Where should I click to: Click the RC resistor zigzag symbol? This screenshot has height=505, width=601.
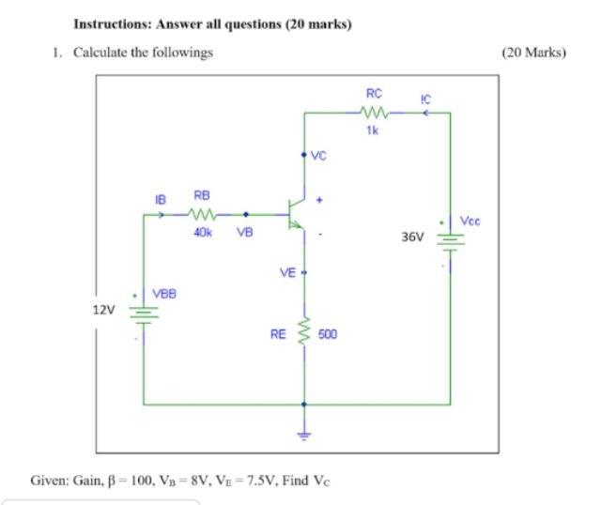[373, 113]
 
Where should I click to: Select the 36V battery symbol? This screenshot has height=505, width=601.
[449, 238]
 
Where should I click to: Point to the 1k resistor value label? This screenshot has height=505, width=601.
[373, 130]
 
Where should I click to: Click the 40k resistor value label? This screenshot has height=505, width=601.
[202, 231]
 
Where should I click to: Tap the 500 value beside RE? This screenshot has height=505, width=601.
[328, 333]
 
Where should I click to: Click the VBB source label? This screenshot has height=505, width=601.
[165, 294]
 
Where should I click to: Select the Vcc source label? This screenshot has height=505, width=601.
[470, 221]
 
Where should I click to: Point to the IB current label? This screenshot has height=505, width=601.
[160, 199]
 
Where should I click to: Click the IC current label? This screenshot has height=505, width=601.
[425, 98]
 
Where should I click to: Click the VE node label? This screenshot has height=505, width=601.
[287, 272]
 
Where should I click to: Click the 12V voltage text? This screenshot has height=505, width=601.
[103, 311]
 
